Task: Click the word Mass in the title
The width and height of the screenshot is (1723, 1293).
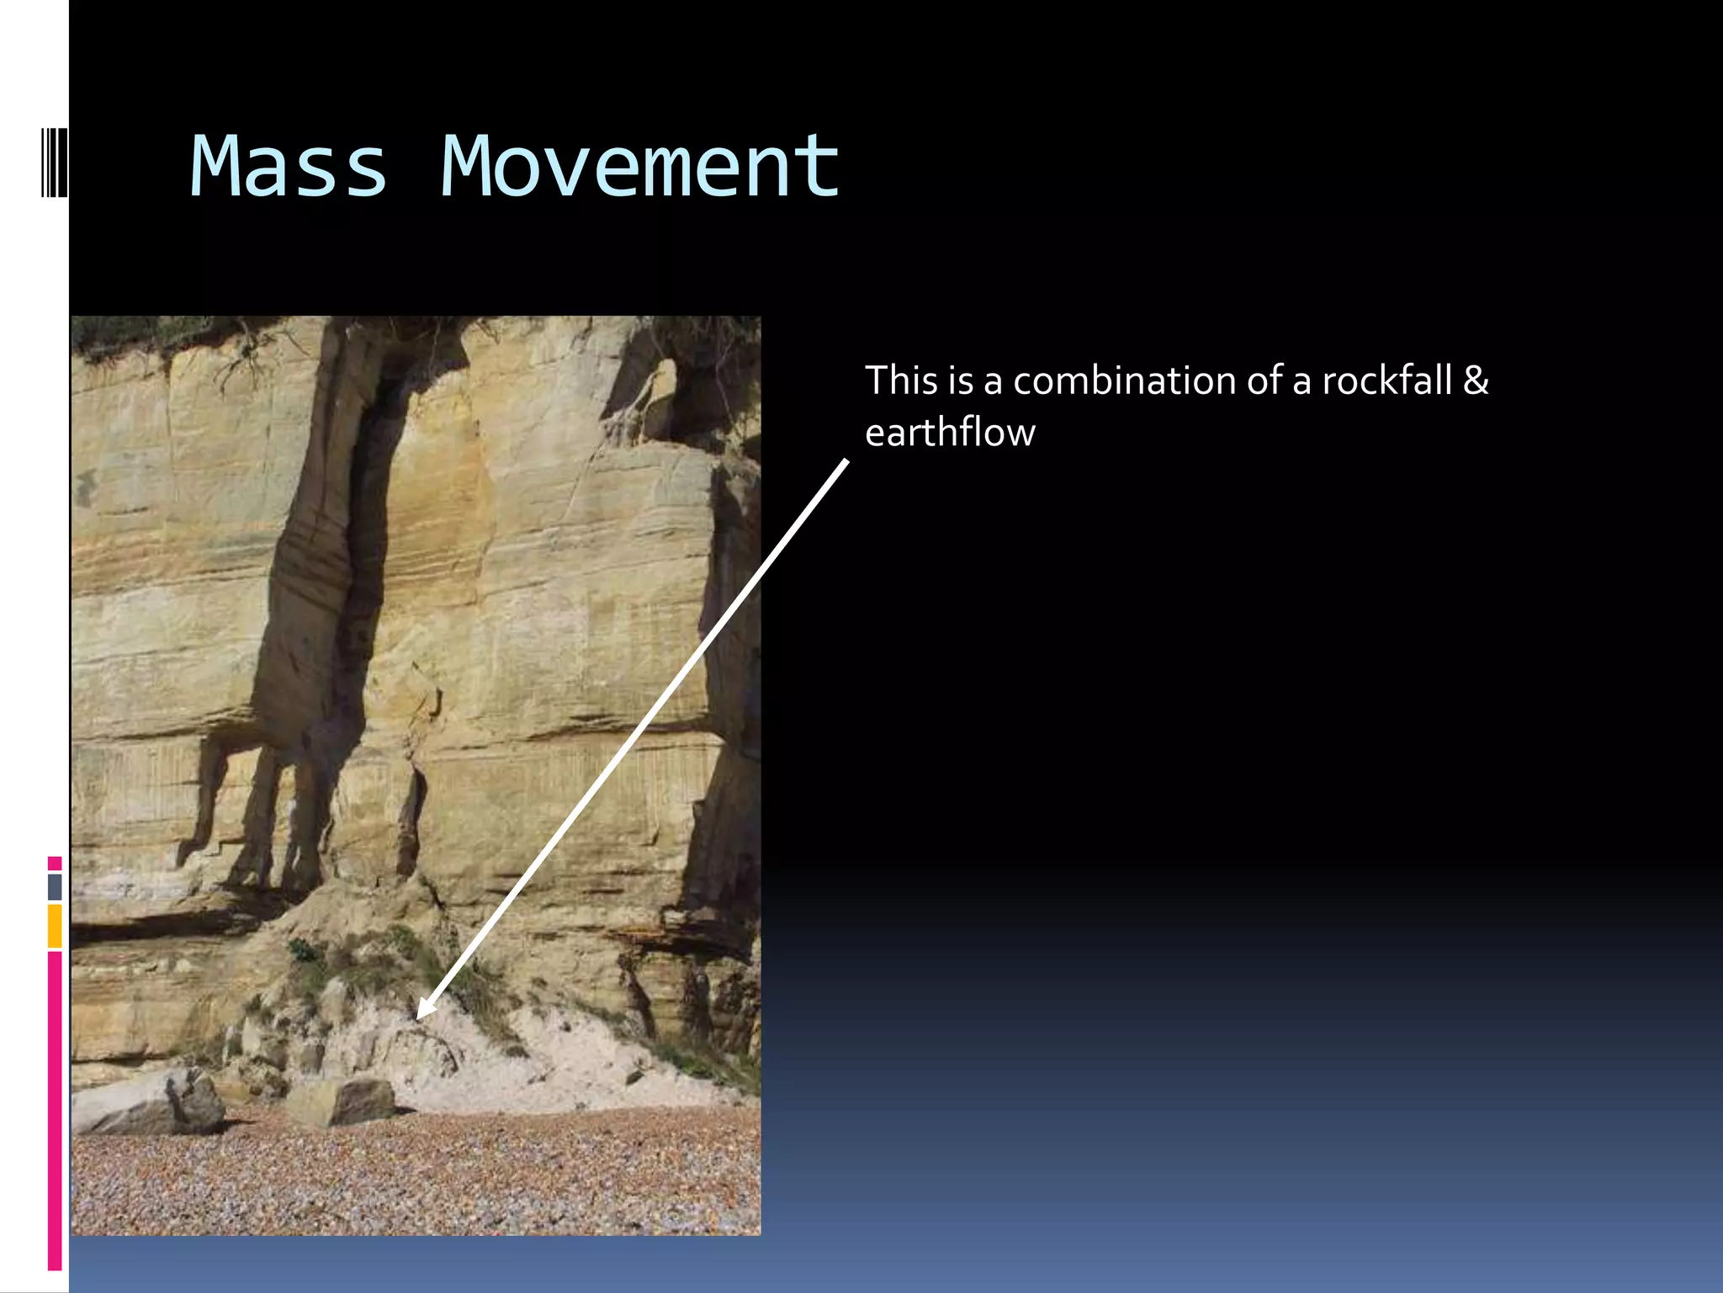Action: click(289, 168)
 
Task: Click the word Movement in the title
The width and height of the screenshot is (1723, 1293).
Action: click(639, 168)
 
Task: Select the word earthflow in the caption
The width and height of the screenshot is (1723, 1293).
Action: click(950, 433)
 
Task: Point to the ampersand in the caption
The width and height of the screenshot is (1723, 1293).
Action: click(1476, 380)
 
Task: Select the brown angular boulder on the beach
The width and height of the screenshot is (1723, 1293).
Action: click(345, 1101)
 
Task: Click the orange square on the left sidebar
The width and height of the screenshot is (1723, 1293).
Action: click(55, 926)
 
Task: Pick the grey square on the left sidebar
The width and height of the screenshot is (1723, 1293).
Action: click(55, 886)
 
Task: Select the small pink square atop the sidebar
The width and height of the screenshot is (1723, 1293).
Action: click(55, 863)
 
